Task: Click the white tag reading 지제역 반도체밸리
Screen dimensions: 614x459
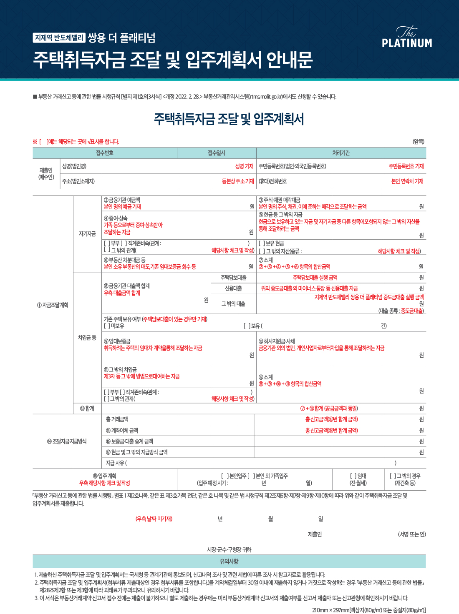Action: point(59,38)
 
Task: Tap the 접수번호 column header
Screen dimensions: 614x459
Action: point(105,153)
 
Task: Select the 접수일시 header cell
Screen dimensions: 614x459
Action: point(216,153)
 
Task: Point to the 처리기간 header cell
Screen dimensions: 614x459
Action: point(341,153)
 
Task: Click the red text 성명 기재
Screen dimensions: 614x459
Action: point(244,166)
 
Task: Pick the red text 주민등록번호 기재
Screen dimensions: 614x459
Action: point(406,166)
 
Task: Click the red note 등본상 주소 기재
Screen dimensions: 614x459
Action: point(238,181)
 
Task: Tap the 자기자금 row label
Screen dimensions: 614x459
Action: point(87,234)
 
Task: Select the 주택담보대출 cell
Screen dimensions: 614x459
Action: point(234,278)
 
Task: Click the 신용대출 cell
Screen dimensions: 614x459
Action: point(234,288)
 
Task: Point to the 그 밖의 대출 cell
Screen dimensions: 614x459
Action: point(234,304)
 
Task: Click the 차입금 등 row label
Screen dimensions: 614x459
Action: point(87,337)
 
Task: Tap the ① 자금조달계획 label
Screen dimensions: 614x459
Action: point(53,305)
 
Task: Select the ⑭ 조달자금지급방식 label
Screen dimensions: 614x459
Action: point(67,441)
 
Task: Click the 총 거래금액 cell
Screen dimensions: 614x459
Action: point(117,419)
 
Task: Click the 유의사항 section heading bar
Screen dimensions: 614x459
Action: point(229,561)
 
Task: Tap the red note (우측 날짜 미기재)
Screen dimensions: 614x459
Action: point(154,519)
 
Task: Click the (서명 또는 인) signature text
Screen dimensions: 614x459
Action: point(411,534)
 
